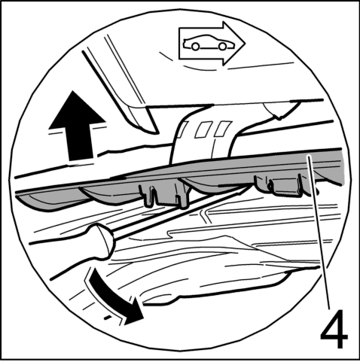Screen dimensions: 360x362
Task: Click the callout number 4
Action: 334,329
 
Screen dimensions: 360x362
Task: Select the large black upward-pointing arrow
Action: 77,126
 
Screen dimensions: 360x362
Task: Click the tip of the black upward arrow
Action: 73,91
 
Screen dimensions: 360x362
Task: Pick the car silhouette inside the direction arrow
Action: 209,43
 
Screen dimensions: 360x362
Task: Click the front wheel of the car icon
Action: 222,46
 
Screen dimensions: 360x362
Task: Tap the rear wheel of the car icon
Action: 195,47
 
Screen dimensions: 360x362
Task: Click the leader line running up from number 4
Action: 319,231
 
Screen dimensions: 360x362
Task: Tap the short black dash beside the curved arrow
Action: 108,318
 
